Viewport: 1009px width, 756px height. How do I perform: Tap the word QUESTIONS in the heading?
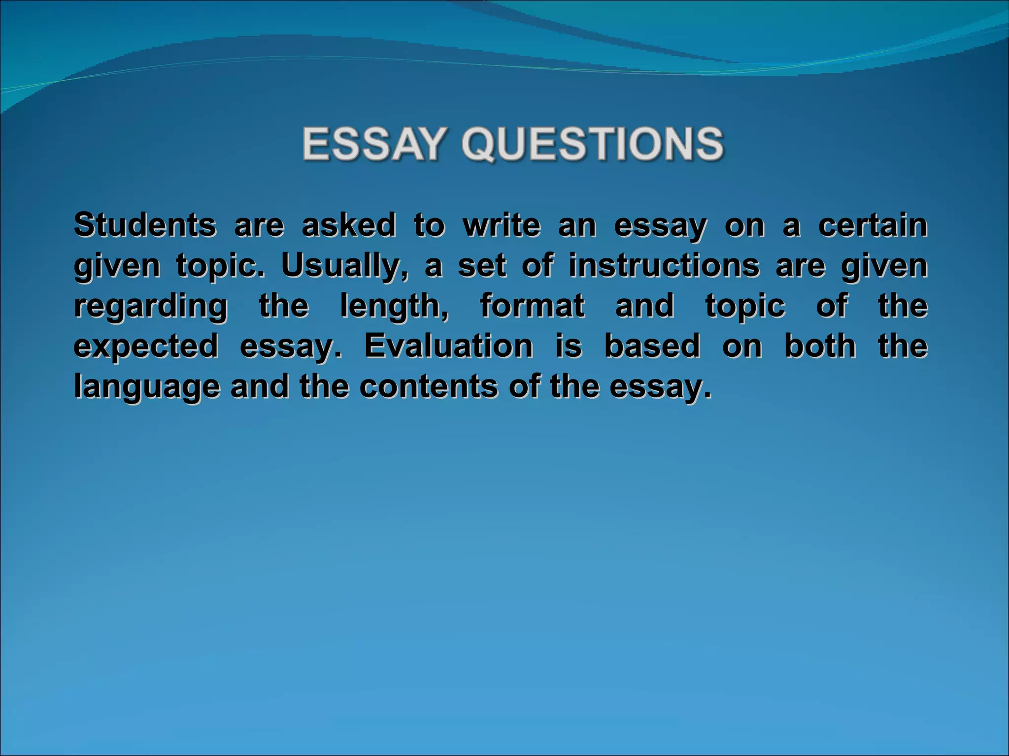pyautogui.click(x=593, y=144)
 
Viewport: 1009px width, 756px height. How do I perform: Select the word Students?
pyautogui.click(x=145, y=225)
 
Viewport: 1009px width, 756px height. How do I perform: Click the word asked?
pyautogui.click(x=349, y=225)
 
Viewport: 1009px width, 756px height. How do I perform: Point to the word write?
pyautogui.click(x=501, y=225)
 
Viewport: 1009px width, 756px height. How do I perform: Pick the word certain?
pyautogui.click(x=873, y=225)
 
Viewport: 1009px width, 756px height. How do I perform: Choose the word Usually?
pyautogui.click(x=344, y=266)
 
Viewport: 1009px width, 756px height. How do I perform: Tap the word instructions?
pyautogui.click(x=664, y=266)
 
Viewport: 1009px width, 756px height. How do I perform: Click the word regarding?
pyautogui.click(x=151, y=307)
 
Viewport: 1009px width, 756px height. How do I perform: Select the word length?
pyautogui.click(x=394, y=306)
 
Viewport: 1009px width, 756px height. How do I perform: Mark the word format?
pyautogui.click(x=532, y=306)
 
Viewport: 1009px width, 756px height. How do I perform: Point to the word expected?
pyautogui.click(x=146, y=346)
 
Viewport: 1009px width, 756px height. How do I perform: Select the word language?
pyautogui.click(x=147, y=387)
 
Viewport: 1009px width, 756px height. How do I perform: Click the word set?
pyautogui.click(x=482, y=266)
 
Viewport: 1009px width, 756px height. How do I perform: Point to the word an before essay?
pyautogui.click(x=577, y=226)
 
